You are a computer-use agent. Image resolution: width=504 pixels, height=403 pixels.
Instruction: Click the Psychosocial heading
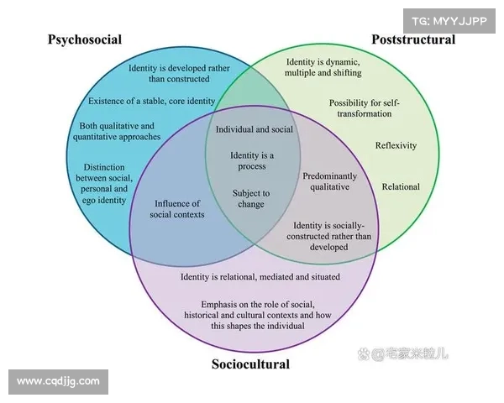click(x=85, y=39)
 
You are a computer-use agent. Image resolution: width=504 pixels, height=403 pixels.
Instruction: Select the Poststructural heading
click(x=413, y=39)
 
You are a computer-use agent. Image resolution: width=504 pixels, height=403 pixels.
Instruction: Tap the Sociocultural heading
click(x=250, y=364)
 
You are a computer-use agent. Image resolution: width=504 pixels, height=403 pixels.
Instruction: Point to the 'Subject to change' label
click(x=251, y=198)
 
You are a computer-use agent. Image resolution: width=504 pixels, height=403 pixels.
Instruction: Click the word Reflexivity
click(x=396, y=145)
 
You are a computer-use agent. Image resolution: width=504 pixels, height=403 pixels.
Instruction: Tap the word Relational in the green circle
click(x=401, y=186)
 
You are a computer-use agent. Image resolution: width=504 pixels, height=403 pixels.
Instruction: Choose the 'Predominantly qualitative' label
click(x=329, y=182)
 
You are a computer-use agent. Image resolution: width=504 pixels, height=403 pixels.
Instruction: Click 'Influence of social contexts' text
click(x=177, y=209)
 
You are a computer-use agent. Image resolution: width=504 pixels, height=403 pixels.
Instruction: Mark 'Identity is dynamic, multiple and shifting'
click(x=323, y=68)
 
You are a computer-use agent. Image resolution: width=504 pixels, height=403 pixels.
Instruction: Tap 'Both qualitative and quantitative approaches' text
click(x=118, y=131)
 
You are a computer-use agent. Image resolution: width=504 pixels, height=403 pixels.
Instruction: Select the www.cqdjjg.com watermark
click(x=59, y=381)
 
